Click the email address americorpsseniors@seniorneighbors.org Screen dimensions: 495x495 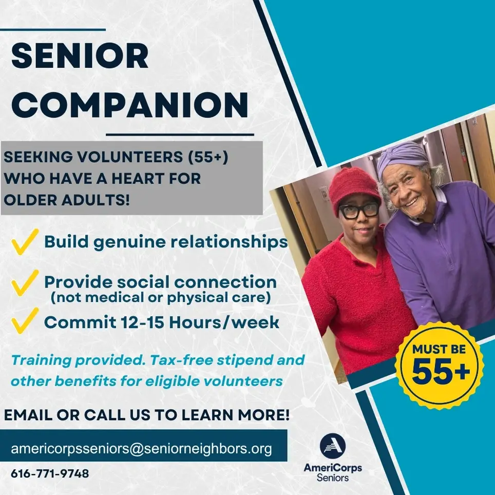tap(141, 448)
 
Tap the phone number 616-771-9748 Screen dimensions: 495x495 tap(50, 473)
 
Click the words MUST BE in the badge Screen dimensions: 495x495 tap(440, 350)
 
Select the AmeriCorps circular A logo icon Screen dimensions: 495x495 tap(333, 445)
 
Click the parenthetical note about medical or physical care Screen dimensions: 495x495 tap(160, 297)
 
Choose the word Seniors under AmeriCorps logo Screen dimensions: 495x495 tap(333, 478)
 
